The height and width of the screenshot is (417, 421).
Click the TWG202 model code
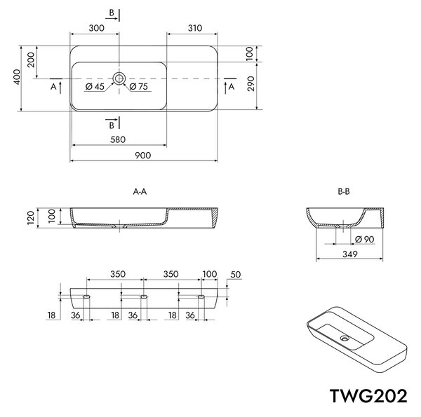[368, 396]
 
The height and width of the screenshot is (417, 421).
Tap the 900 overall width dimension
[143, 156]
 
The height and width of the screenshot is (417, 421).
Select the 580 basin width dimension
[118, 139]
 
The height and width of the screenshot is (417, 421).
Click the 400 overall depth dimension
[17, 77]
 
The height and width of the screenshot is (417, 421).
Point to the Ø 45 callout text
[95, 87]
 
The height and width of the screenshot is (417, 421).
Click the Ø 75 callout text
[138, 87]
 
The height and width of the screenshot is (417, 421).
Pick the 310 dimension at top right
[194, 28]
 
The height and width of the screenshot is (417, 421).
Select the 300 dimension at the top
[96, 28]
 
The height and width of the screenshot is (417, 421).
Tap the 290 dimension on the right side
[250, 83]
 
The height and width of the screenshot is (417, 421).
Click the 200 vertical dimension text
[31, 60]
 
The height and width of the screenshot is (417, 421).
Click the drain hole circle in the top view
[119, 78]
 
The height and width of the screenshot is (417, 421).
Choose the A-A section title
[140, 191]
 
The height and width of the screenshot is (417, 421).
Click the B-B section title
[344, 191]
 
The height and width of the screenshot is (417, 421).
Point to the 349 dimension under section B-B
[350, 254]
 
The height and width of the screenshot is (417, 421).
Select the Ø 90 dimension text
[365, 239]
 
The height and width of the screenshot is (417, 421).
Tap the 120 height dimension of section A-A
[31, 218]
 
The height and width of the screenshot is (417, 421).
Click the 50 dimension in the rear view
[236, 275]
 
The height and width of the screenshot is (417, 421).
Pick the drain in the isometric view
[345, 339]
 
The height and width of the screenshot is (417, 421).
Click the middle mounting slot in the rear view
[144, 296]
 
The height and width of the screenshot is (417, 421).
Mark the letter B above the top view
[112, 13]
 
